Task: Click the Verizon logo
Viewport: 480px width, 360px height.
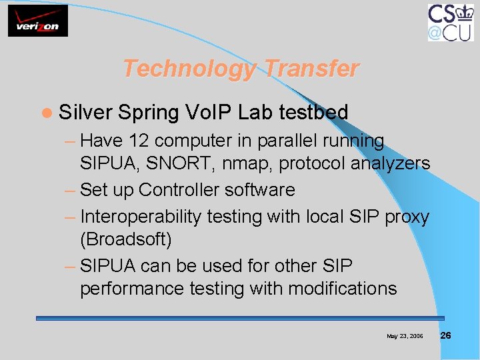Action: point(38,21)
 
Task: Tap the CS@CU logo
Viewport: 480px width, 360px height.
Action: point(451,22)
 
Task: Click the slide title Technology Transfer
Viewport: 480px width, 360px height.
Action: point(241,68)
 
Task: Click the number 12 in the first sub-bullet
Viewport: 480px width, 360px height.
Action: point(139,141)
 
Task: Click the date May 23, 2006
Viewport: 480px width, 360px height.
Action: point(405,336)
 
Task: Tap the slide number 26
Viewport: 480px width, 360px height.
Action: point(446,335)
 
